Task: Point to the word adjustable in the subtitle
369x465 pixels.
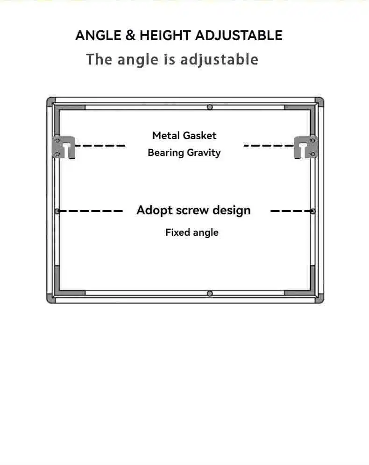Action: coord(219,60)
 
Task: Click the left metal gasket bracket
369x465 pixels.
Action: coord(64,147)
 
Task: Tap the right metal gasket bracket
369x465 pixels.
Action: coord(306,147)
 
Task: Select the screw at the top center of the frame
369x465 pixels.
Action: coord(210,107)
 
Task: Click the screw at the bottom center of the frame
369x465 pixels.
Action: coord(210,294)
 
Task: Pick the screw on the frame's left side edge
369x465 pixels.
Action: coord(57,211)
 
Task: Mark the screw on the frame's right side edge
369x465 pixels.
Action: coord(313,211)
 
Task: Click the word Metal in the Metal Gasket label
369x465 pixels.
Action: coord(166,135)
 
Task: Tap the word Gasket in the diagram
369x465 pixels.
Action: coord(200,135)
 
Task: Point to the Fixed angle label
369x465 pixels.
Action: coord(192,232)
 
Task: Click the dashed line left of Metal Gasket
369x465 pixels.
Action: coord(100,146)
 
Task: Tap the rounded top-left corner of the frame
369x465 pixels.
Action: coord(51,101)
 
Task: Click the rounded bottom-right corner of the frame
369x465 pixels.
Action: coord(319,299)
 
